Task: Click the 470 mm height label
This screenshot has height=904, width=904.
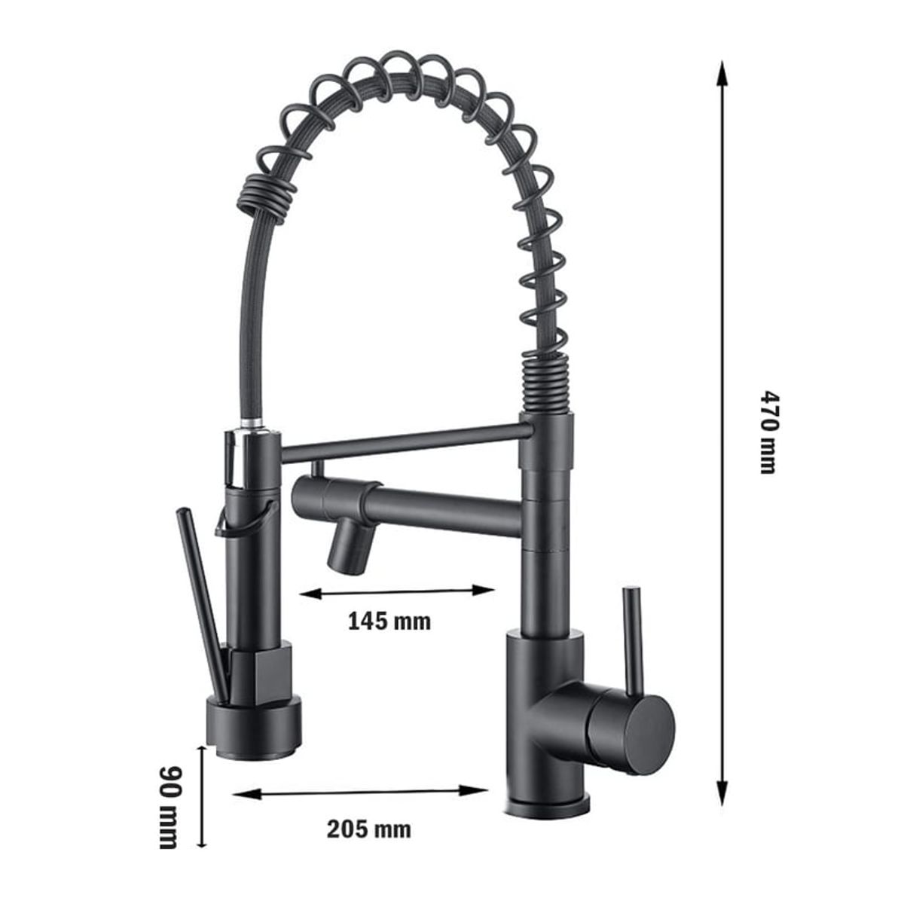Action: click(766, 431)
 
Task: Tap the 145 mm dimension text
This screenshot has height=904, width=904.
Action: click(389, 621)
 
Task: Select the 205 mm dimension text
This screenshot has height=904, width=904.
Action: click(369, 829)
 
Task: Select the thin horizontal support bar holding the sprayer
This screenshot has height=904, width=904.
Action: click(399, 442)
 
